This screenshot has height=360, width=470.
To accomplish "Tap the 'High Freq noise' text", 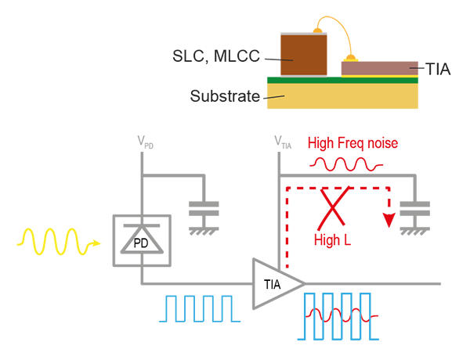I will tap(353, 143).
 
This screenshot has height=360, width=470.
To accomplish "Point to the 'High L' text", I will tap(331, 239).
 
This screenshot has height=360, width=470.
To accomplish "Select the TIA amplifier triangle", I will tap(275, 283).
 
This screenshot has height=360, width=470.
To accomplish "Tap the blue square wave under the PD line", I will tap(196, 308).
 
